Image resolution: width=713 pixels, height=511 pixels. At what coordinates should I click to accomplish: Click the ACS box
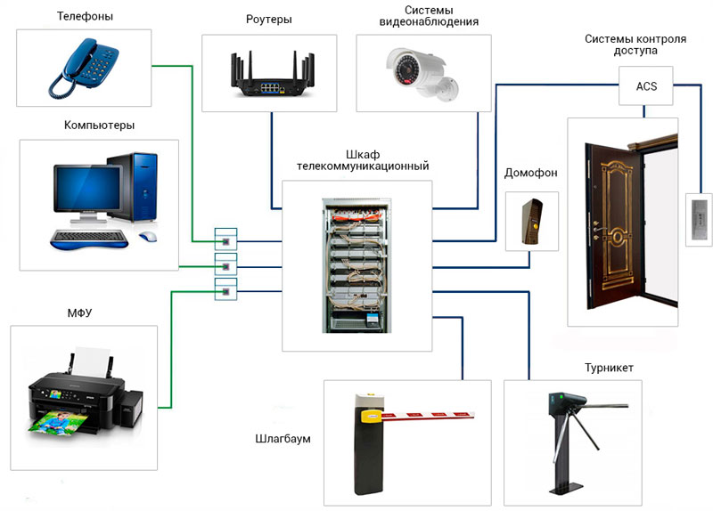[x=645, y=85]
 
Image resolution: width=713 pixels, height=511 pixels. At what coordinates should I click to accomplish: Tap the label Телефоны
[x=85, y=16]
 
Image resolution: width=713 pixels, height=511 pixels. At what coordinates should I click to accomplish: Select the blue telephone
[x=84, y=69]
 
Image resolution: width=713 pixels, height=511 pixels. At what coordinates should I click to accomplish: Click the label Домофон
[x=530, y=173]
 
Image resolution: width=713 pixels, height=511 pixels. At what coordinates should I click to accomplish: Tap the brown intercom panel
[x=531, y=221]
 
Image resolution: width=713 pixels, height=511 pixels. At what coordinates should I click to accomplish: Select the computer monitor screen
[x=87, y=189]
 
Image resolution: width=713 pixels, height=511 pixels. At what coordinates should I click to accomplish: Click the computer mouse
[x=148, y=236]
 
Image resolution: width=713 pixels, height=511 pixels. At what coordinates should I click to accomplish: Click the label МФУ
[x=79, y=313]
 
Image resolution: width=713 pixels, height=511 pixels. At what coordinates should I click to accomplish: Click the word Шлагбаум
[x=283, y=439]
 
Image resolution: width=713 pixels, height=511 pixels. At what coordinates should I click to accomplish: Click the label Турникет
[x=609, y=368]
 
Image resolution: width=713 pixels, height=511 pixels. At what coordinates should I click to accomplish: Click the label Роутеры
[x=269, y=20]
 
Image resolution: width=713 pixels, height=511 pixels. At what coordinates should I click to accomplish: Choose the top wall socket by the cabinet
[x=225, y=239]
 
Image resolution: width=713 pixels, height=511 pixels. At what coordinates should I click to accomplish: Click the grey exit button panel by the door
[x=699, y=219]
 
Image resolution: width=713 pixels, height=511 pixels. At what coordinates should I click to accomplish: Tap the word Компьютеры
[x=99, y=126]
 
